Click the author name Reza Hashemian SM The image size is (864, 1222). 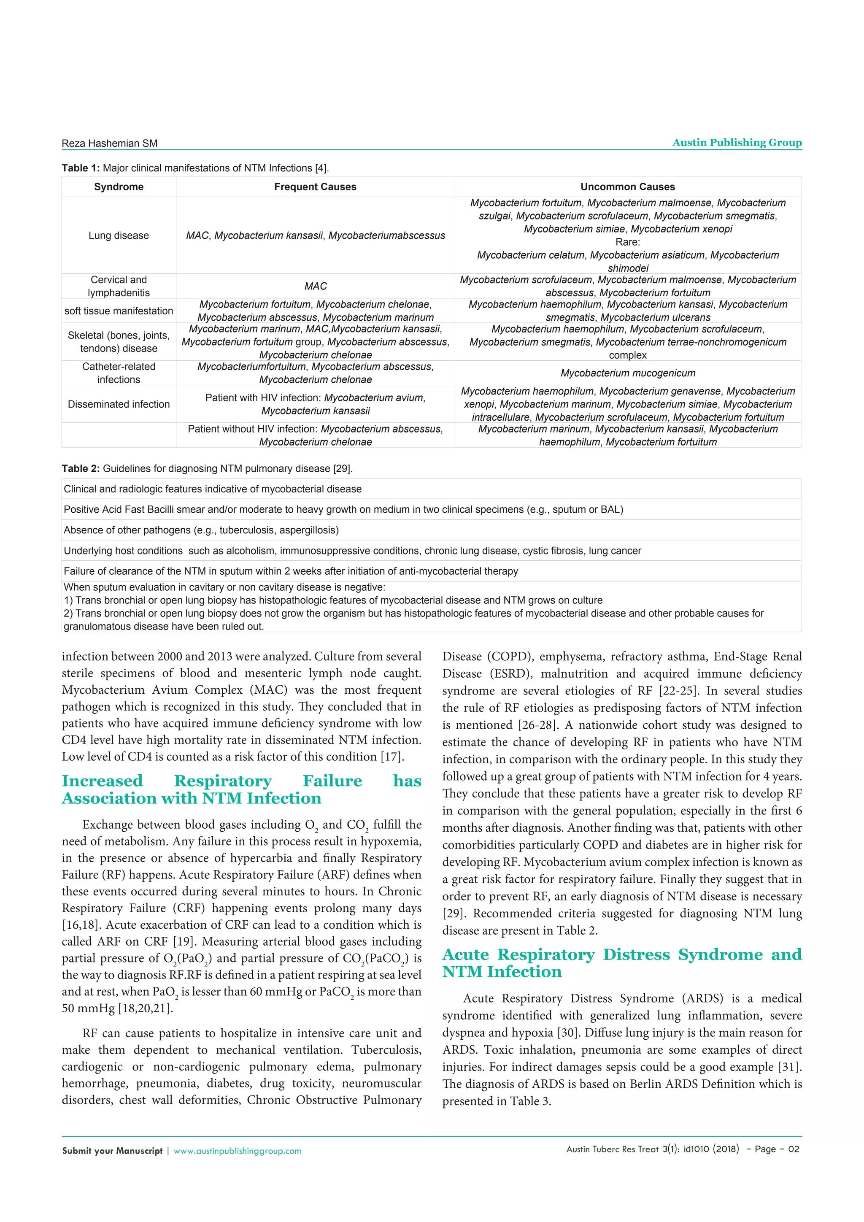pyautogui.click(x=110, y=143)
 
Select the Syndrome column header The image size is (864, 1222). pyautogui.click(x=119, y=187)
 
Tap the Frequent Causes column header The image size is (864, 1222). pyautogui.click(x=315, y=187)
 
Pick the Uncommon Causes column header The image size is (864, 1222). pyautogui.click(x=627, y=187)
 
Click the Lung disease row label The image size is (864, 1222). pyautogui.click(x=119, y=235)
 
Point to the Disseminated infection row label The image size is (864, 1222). pyautogui.click(x=119, y=404)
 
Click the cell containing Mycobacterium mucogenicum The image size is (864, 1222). pyautogui.click(x=628, y=373)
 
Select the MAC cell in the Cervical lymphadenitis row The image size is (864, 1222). pyautogui.click(x=315, y=287)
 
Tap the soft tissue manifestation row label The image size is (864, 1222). pyautogui.click(x=119, y=311)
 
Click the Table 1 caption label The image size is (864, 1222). pyautogui.click(x=80, y=168)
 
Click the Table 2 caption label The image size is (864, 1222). pyautogui.click(x=80, y=468)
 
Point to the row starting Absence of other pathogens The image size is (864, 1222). pyautogui.click(x=201, y=530)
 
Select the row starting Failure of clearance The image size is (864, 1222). pyautogui.click(x=291, y=571)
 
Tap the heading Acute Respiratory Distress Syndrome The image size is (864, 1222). pyautogui.click(x=621, y=963)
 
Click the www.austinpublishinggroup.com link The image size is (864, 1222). pyautogui.click(x=237, y=1151)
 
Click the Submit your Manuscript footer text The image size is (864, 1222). pyautogui.click(x=112, y=1151)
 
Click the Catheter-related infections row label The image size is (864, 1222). pyautogui.click(x=119, y=373)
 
